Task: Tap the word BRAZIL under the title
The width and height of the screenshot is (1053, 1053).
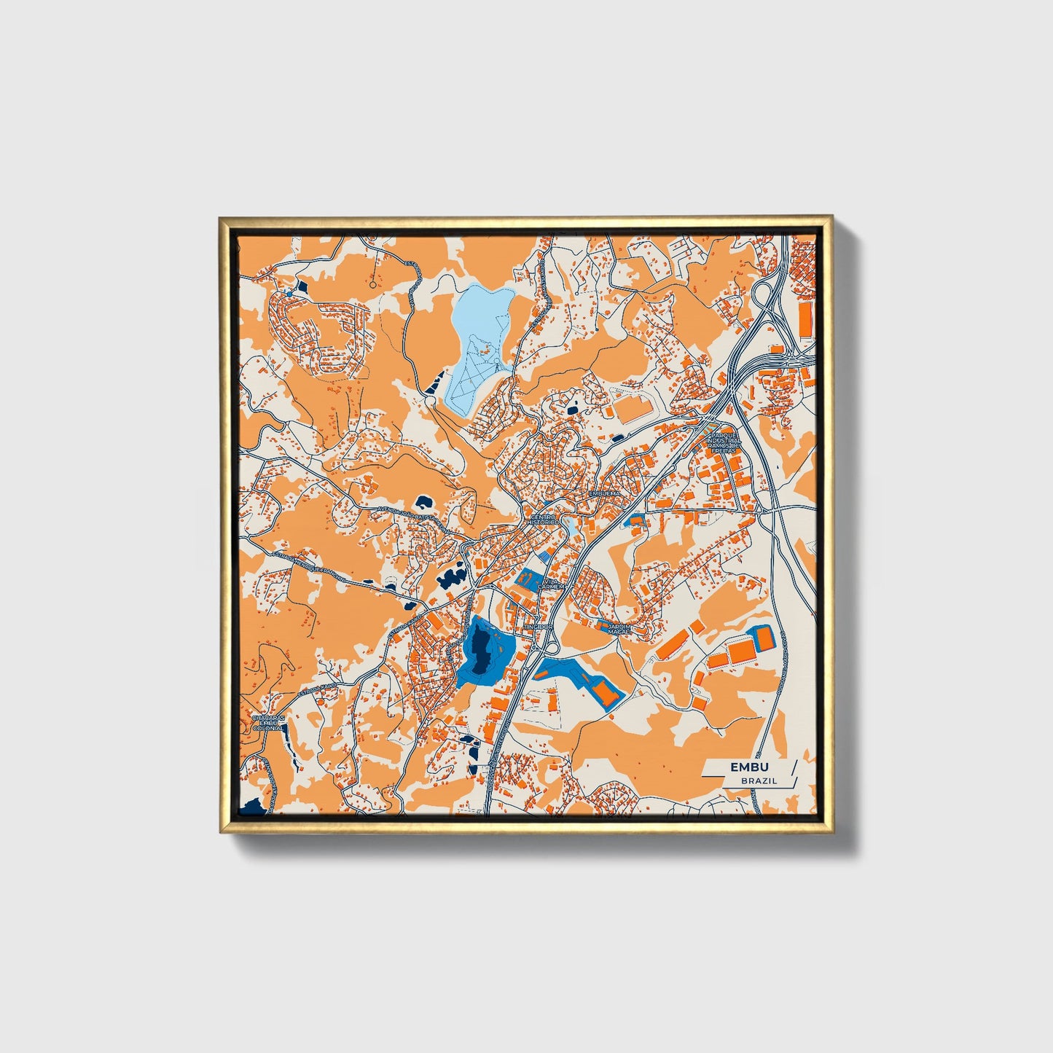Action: click(x=759, y=780)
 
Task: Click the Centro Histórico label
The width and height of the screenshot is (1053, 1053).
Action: click(x=543, y=520)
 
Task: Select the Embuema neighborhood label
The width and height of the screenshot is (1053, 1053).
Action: click(x=604, y=493)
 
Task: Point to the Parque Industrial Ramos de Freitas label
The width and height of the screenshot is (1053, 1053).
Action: click(x=724, y=442)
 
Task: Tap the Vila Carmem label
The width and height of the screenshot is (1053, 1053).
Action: click(x=551, y=584)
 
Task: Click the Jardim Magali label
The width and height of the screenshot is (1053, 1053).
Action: click(x=620, y=627)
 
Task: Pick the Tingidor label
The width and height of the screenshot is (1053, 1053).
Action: click(x=538, y=627)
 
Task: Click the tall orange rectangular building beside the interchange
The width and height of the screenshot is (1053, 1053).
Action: click(x=805, y=321)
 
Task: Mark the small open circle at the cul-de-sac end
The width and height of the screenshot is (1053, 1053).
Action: click(x=373, y=285)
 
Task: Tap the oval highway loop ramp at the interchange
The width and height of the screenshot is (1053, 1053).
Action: click(x=762, y=295)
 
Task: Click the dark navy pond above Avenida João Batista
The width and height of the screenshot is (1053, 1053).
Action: click(x=422, y=501)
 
